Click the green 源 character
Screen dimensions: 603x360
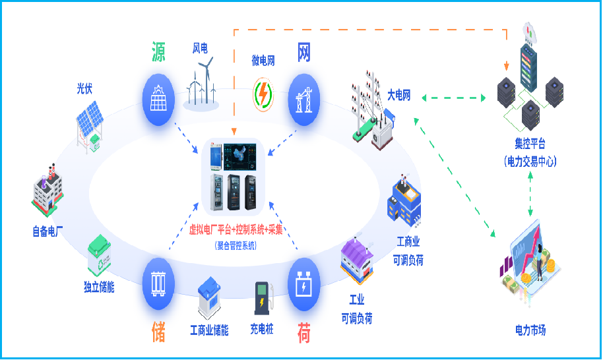[158, 52]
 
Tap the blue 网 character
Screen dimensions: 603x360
[303, 52]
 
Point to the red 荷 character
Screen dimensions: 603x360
[303, 333]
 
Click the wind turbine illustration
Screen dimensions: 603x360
[201, 84]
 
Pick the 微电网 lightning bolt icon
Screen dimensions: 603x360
[263, 94]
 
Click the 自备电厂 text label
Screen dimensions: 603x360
[48, 231]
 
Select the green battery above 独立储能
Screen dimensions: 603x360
[99, 255]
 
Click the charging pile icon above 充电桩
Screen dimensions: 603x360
[263, 299]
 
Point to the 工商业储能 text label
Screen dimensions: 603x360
[209, 330]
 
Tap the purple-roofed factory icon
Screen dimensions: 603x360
[356, 260]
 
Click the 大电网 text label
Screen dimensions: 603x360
[398, 95]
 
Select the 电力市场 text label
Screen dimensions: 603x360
[530, 330]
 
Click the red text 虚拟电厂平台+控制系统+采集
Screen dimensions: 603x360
[236, 229]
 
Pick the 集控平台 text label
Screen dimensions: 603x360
[530, 144]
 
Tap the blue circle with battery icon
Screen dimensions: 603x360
[303, 284]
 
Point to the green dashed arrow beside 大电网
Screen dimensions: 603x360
[454, 98]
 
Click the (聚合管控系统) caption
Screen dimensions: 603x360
[236, 246]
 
